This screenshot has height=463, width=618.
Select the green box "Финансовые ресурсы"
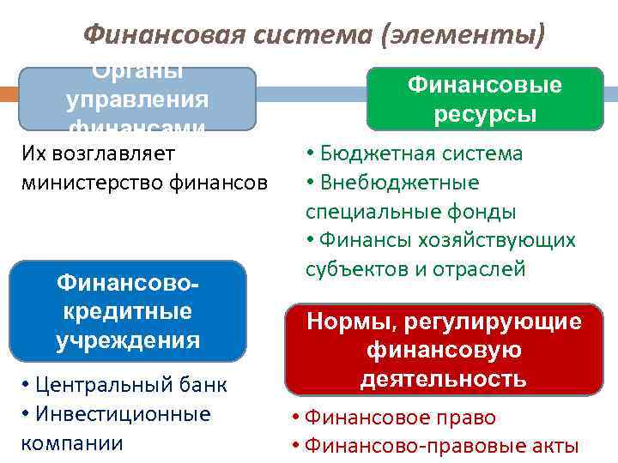coord(485,99)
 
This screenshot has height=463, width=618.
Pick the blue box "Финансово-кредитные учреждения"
coord(128,310)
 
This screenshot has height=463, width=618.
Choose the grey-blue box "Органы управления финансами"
coord(137,99)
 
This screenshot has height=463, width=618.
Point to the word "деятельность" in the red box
coord(443,378)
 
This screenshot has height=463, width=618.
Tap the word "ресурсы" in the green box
coord(485,115)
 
